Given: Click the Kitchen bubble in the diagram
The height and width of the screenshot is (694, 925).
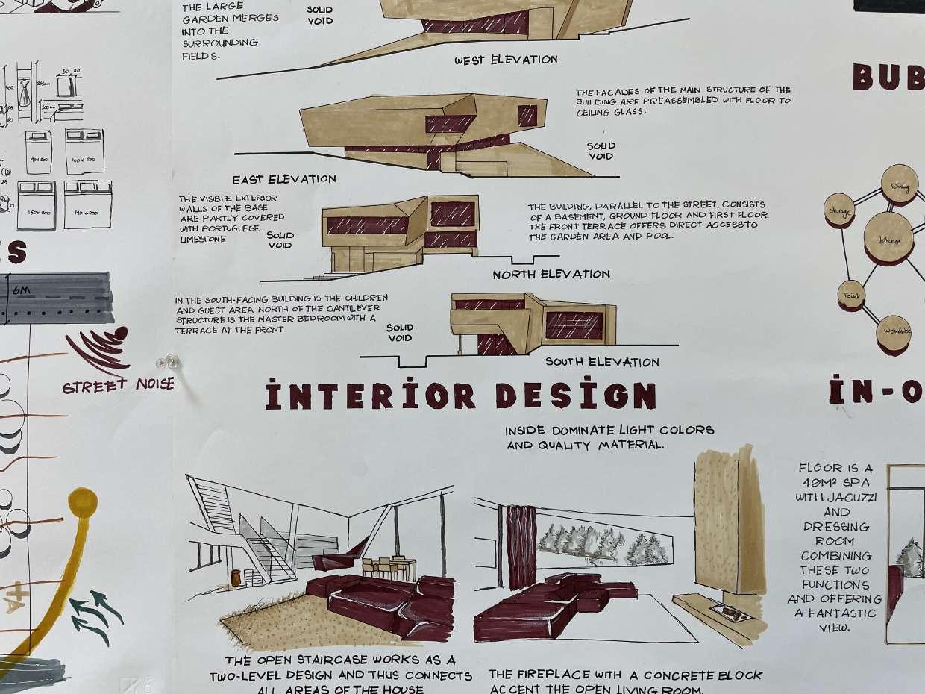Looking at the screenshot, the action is [x=888, y=238].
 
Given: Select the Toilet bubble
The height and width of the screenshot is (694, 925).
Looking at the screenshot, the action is [x=851, y=295].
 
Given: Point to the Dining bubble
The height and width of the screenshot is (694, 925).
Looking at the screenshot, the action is [x=899, y=182].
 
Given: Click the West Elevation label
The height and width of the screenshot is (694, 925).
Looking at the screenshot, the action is [x=506, y=60].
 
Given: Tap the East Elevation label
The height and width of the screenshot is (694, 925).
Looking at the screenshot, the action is [x=283, y=179].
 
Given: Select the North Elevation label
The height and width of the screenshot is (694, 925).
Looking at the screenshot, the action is [x=551, y=275].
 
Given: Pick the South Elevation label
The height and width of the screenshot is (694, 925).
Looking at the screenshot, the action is [x=602, y=363].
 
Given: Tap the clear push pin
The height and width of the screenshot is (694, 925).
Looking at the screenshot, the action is [x=168, y=363].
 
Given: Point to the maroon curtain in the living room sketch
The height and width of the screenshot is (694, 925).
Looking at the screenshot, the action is [x=521, y=548].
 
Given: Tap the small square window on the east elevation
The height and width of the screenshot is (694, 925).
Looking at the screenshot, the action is [x=527, y=116].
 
